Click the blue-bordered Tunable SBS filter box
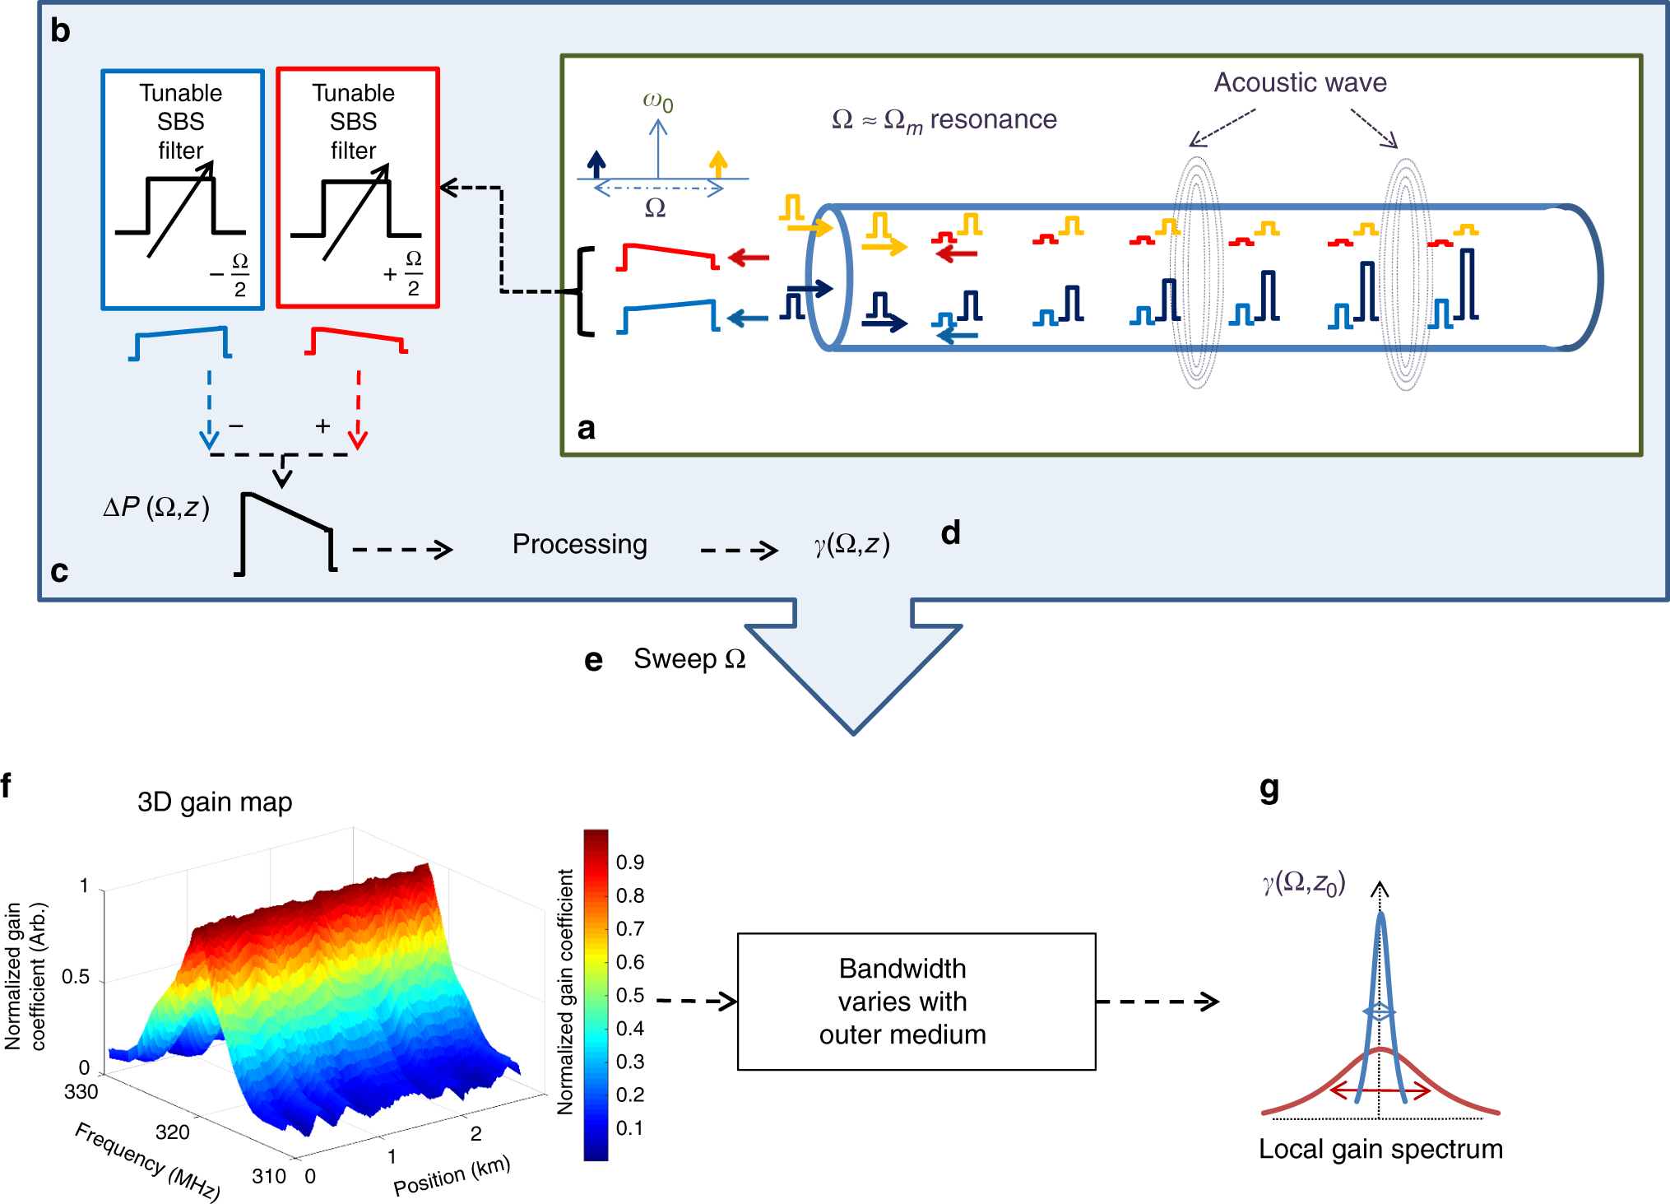click(x=183, y=189)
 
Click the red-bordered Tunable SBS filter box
click(x=357, y=188)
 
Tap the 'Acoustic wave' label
click(x=1300, y=82)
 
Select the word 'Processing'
click(x=579, y=544)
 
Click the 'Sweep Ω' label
click(x=689, y=659)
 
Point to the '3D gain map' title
click(x=215, y=802)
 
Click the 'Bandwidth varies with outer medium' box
click(x=916, y=1001)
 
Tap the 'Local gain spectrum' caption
click(x=1380, y=1149)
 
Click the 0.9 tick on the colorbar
click(x=629, y=862)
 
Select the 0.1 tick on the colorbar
click(x=629, y=1128)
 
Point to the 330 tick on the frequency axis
click(x=81, y=1092)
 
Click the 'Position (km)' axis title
click(x=452, y=1176)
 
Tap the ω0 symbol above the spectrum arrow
click(x=657, y=102)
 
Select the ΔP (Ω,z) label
click(x=156, y=508)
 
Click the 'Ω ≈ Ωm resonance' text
click(x=944, y=120)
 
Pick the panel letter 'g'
click(x=1269, y=788)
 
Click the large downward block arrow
click(x=853, y=667)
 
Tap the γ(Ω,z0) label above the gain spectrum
click(x=1304, y=883)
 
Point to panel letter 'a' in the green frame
click(x=586, y=428)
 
